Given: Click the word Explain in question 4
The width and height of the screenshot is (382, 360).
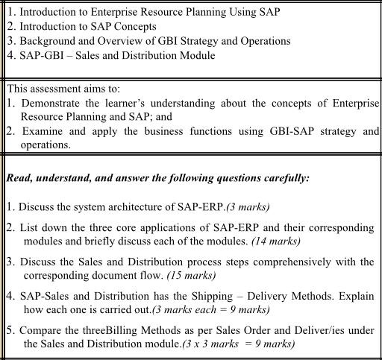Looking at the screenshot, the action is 358,295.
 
